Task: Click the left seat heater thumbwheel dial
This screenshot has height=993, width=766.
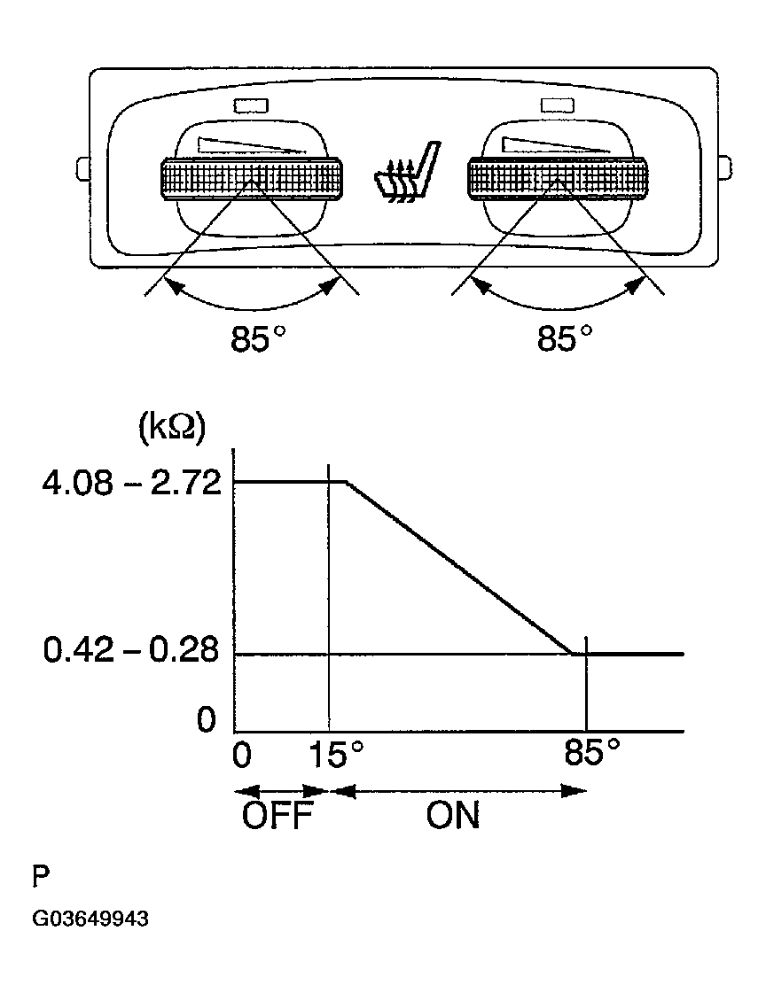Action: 252,179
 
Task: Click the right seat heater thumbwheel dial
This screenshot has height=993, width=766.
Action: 558,179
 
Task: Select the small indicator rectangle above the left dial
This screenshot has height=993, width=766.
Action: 251,105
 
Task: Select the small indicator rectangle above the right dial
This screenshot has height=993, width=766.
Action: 558,105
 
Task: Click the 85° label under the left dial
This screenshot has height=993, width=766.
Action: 258,338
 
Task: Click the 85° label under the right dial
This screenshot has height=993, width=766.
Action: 565,338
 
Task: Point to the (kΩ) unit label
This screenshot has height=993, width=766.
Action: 172,429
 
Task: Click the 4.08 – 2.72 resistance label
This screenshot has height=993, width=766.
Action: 132,483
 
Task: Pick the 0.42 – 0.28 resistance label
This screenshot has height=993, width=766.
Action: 131,650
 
